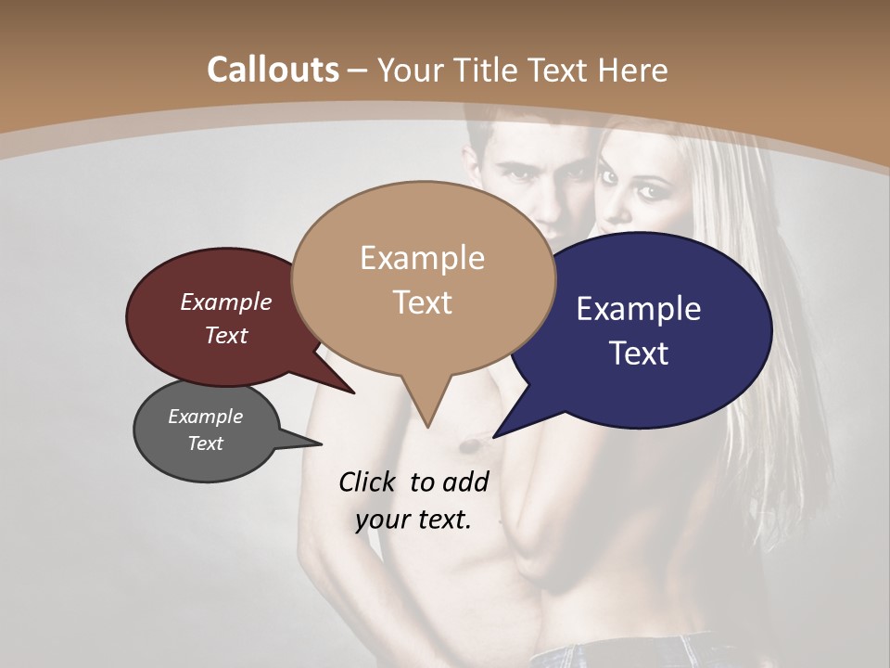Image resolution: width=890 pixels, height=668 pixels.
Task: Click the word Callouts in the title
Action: pyautogui.click(x=273, y=70)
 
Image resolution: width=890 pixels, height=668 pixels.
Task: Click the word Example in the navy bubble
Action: pyautogui.click(x=639, y=308)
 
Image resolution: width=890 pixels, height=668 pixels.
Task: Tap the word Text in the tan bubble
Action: pyautogui.click(x=423, y=302)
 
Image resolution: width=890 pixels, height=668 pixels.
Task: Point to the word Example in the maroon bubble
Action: pyautogui.click(x=226, y=302)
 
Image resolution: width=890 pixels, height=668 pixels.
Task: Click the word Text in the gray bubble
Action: pyautogui.click(x=206, y=443)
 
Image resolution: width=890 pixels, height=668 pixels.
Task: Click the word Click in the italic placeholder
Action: pyautogui.click(x=369, y=482)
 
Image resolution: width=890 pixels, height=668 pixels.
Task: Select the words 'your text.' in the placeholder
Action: pyautogui.click(x=413, y=520)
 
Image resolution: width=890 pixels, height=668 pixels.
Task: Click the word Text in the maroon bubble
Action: pyautogui.click(x=226, y=336)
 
